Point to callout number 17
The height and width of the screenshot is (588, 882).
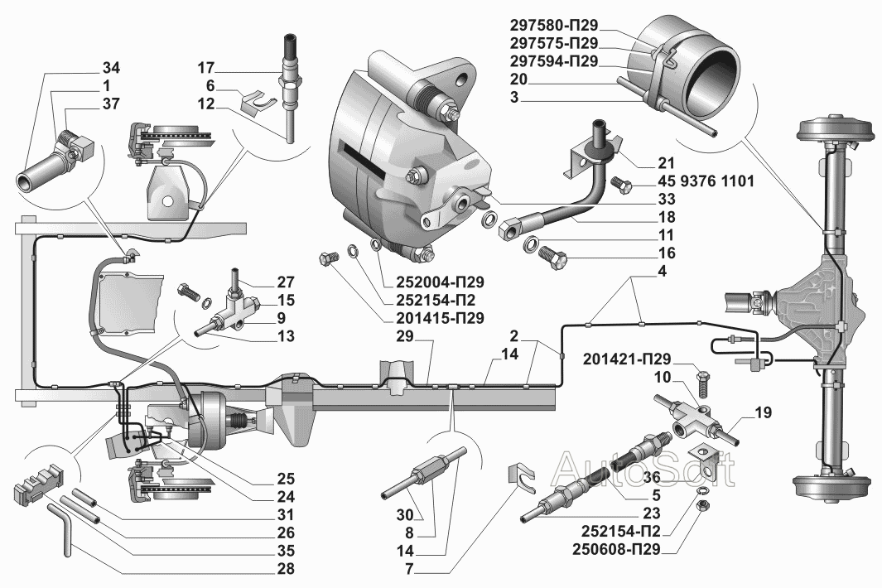click(x=206, y=67)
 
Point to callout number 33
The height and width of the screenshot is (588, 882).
click(x=667, y=199)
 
